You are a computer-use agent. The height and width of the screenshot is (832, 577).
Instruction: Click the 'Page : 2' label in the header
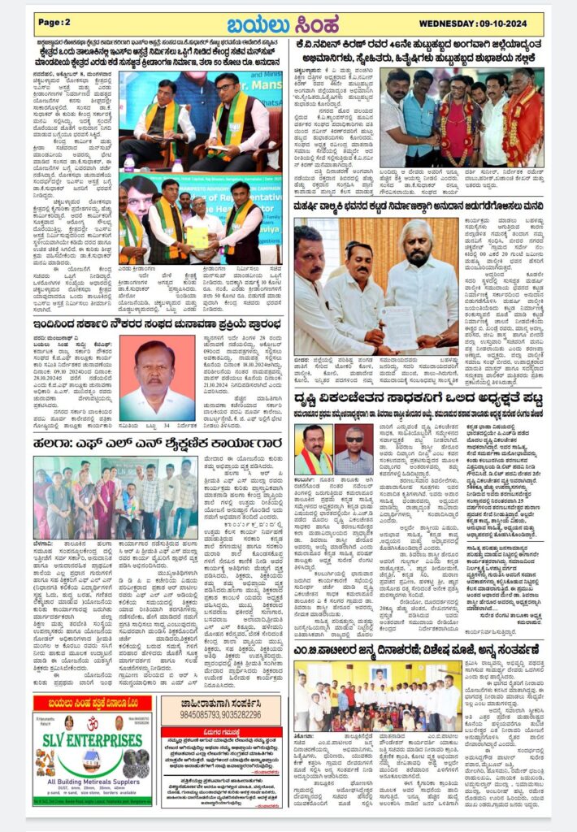coord(55,23)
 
